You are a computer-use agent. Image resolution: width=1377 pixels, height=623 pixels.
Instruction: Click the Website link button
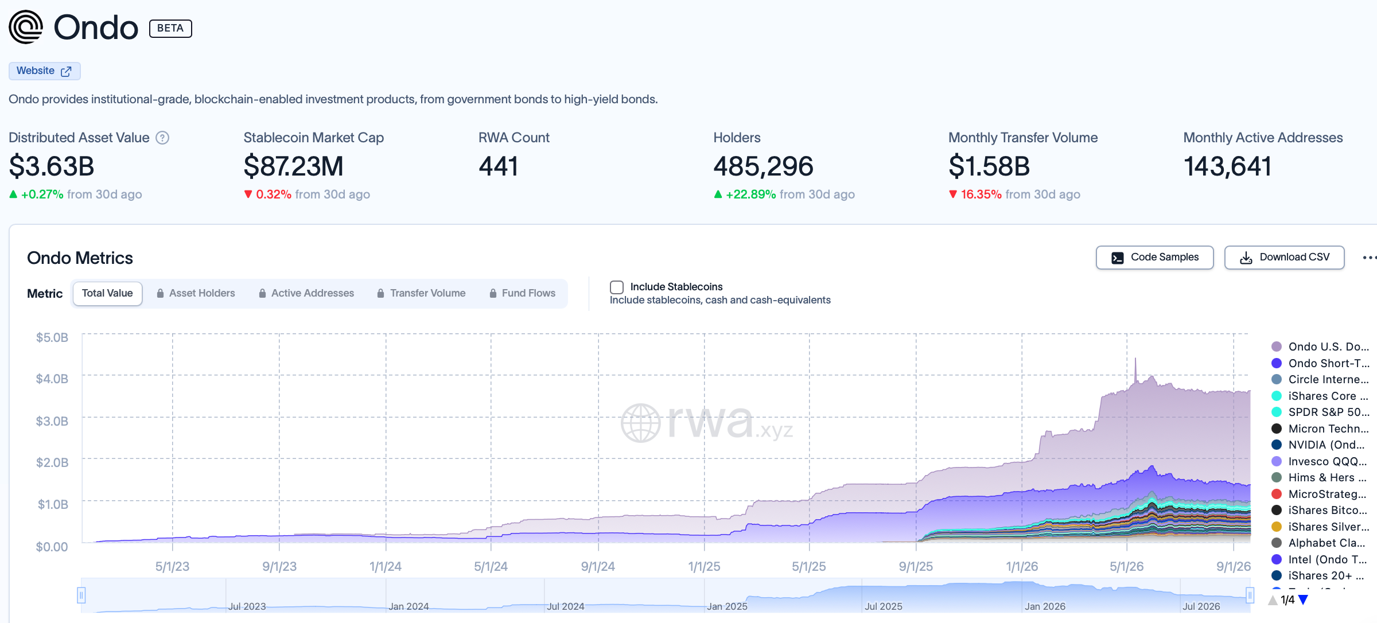coord(44,71)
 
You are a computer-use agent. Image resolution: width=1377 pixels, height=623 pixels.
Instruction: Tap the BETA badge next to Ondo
coord(170,28)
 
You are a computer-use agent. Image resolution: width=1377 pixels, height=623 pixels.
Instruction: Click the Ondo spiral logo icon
coord(26,27)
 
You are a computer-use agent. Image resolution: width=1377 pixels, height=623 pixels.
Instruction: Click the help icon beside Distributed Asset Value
coord(162,138)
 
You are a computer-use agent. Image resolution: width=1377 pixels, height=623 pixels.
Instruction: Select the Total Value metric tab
coord(107,293)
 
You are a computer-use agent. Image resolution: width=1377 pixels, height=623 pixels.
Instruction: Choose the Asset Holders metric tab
coord(196,293)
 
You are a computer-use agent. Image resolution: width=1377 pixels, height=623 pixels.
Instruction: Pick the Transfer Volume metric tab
coord(421,293)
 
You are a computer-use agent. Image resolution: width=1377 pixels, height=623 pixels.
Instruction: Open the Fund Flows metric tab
coord(522,293)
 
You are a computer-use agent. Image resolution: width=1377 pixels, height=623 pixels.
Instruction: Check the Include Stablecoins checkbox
coord(617,287)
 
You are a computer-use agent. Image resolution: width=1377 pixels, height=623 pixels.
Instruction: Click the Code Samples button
coord(1154,258)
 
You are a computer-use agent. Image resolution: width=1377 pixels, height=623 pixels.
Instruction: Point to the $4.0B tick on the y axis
coord(52,379)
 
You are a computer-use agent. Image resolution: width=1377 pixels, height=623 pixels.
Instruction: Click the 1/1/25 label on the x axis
coord(704,566)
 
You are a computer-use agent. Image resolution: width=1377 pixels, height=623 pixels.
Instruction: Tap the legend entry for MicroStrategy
coord(1320,494)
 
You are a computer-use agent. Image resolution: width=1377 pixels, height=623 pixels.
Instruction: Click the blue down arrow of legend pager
coord(1304,600)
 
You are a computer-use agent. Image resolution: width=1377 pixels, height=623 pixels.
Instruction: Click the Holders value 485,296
coord(763,166)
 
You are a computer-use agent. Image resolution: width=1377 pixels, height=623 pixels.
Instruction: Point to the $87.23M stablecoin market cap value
coord(293,166)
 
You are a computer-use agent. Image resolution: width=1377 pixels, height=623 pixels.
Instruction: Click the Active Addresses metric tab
coord(306,293)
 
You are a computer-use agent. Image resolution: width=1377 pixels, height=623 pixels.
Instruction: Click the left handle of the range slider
coord(81,595)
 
